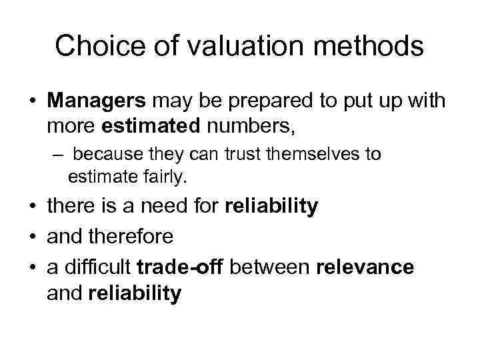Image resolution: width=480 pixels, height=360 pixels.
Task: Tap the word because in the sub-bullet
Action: pos(103,155)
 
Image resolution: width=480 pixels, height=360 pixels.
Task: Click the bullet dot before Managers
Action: pos(33,102)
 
